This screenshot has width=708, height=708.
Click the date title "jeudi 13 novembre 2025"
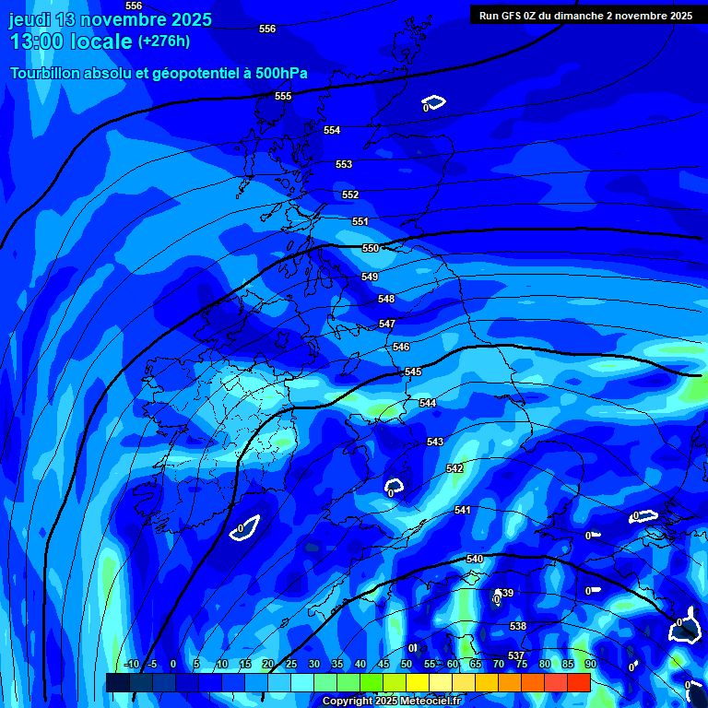(x=111, y=19)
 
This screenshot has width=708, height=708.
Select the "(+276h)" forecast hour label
(x=164, y=41)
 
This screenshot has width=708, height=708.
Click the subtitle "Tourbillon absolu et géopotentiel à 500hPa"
(x=159, y=73)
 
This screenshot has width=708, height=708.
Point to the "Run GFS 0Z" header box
(x=585, y=15)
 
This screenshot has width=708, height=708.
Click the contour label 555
(x=283, y=96)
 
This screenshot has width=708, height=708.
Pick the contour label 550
(x=371, y=248)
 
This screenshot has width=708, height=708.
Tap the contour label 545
(x=413, y=372)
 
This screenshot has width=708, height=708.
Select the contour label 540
(x=475, y=560)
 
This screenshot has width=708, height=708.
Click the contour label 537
(x=516, y=655)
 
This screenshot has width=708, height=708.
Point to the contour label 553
(x=344, y=164)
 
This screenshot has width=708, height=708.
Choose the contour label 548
(x=386, y=299)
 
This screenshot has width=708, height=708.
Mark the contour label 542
(x=454, y=468)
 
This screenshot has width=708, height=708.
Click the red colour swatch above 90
(x=579, y=682)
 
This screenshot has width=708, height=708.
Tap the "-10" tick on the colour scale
(x=132, y=665)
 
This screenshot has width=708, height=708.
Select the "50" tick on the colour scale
(x=407, y=665)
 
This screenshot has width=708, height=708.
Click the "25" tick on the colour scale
(x=290, y=665)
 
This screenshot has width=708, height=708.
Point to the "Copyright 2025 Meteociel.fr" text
(x=391, y=702)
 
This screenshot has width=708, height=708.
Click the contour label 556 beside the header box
(x=267, y=29)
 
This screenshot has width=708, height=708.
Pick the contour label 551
(x=360, y=221)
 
